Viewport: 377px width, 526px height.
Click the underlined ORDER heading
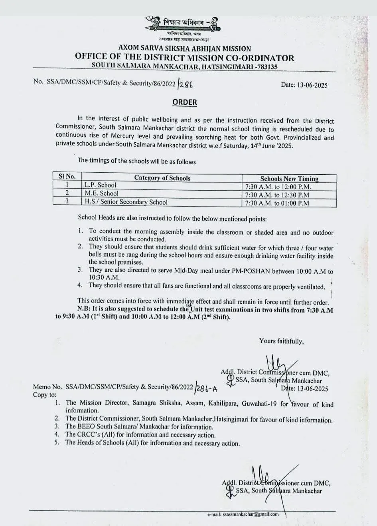185,102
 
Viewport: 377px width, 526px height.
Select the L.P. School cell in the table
101,185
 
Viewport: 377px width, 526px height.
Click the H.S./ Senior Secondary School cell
126,202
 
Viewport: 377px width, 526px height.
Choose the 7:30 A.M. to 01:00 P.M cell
276,203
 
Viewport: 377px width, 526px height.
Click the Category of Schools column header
162,178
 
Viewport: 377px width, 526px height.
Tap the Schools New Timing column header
289,179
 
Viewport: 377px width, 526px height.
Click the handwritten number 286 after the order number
187,84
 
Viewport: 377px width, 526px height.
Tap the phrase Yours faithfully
282,341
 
